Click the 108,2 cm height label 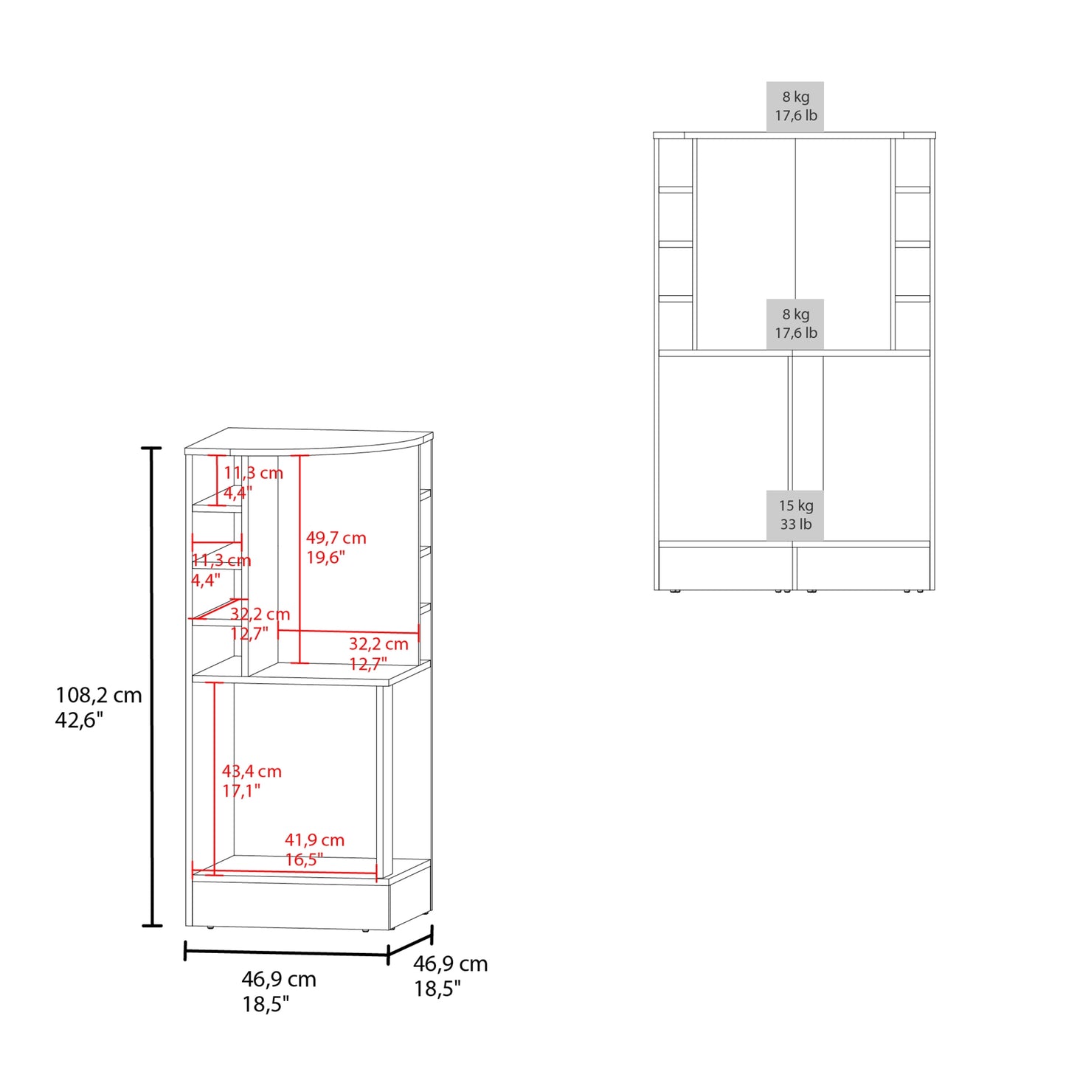[99, 695]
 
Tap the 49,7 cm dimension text [336, 538]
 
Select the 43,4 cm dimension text [252, 771]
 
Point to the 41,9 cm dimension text [314, 840]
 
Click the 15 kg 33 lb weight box [795, 515]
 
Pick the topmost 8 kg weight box [795, 107]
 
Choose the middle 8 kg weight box [795, 324]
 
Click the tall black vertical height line [151, 687]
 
